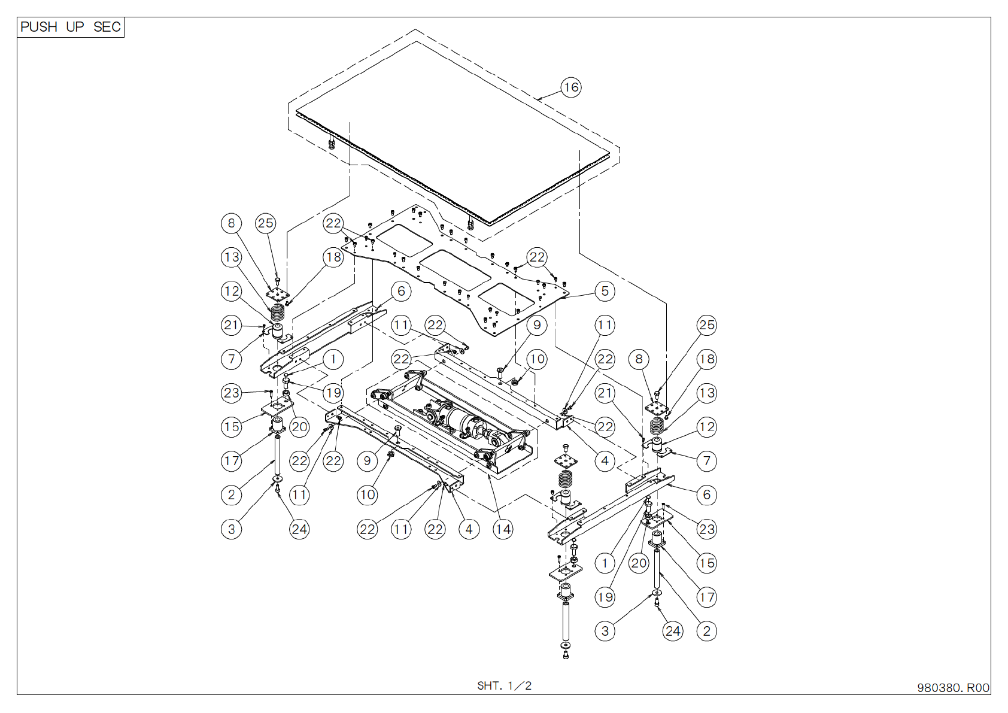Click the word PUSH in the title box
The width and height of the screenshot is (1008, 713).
click(39, 27)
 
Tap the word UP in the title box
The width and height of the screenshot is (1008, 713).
click(75, 27)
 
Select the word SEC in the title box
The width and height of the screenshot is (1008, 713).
click(107, 27)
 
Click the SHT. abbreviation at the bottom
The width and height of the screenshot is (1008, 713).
click(490, 685)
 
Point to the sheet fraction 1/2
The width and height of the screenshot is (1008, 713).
click(520, 685)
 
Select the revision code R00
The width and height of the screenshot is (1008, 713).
click(978, 688)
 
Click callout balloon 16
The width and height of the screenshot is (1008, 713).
click(571, 87)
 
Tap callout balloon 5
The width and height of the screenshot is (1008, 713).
click(605, 291)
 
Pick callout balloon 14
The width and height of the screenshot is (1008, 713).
click(503, 529)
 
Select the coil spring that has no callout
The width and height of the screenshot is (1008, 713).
click(566, 480)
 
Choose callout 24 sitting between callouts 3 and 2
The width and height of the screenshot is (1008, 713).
click(673, 631)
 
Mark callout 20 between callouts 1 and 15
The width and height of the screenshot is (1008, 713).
click(639, 563)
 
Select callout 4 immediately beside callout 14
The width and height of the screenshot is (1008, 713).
click(469, 529)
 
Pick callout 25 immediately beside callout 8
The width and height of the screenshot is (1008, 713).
click(266, 223)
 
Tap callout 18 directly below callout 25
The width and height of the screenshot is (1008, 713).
click(706, 359)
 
